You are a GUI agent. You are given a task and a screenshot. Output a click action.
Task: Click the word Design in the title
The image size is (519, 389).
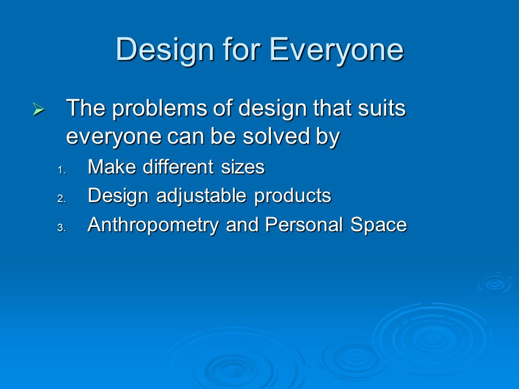tap(165, 50)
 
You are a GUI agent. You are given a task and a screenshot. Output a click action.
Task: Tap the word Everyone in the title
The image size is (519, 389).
tap(337, 50)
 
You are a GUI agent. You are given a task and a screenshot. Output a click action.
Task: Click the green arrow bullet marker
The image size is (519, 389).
tap(38, 109)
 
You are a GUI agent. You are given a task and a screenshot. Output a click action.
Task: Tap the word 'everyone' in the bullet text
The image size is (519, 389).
tap(114, 137)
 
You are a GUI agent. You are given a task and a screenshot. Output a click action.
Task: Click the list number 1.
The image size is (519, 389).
tap(62, 171)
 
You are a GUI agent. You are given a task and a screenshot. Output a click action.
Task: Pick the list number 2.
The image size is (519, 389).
tap(62, 199)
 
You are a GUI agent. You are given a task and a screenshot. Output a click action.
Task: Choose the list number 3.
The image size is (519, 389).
tap(62, 228)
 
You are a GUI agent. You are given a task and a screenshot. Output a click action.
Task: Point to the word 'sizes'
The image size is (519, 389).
tap(243, 167)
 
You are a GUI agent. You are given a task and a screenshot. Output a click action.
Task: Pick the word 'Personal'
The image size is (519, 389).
tap(304, 225)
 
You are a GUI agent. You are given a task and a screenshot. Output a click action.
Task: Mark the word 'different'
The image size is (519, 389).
tap(178, 166)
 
